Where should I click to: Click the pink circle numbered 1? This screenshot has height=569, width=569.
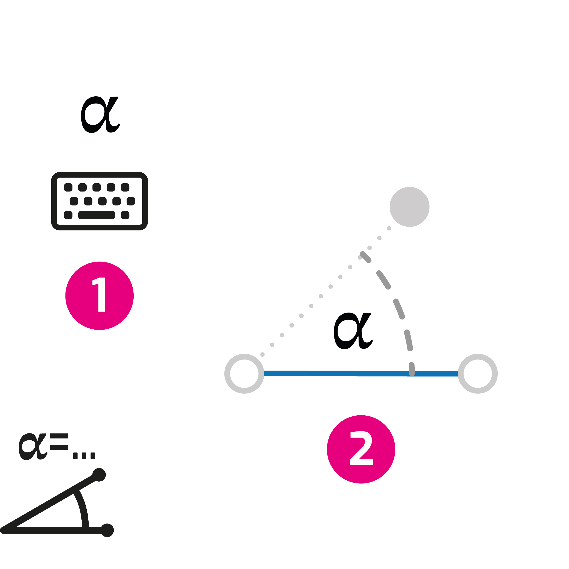pos(99,296)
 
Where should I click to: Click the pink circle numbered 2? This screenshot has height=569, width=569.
pos(361,449)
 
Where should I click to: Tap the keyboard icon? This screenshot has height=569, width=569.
pos(99,201)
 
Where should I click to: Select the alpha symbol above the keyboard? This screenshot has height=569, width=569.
pos(100,115)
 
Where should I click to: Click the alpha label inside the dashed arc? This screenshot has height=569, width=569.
pos(353,331)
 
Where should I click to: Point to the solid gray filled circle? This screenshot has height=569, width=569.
pos(409,207)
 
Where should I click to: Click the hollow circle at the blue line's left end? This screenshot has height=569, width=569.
pos(244,373)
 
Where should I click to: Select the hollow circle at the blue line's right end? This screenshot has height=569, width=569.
pos(478,373)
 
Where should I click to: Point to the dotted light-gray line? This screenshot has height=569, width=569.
pos(311,306)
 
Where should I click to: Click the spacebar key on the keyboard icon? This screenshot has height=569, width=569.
pos(97,215)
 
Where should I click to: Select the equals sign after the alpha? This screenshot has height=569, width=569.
pos(59,442)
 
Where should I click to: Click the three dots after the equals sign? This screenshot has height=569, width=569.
pos(84,456)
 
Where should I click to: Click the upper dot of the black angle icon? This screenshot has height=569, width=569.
pos(99,475)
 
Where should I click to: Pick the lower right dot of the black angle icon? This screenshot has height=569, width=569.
pos(107,530)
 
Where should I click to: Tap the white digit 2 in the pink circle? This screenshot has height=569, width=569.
pos(361,449)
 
